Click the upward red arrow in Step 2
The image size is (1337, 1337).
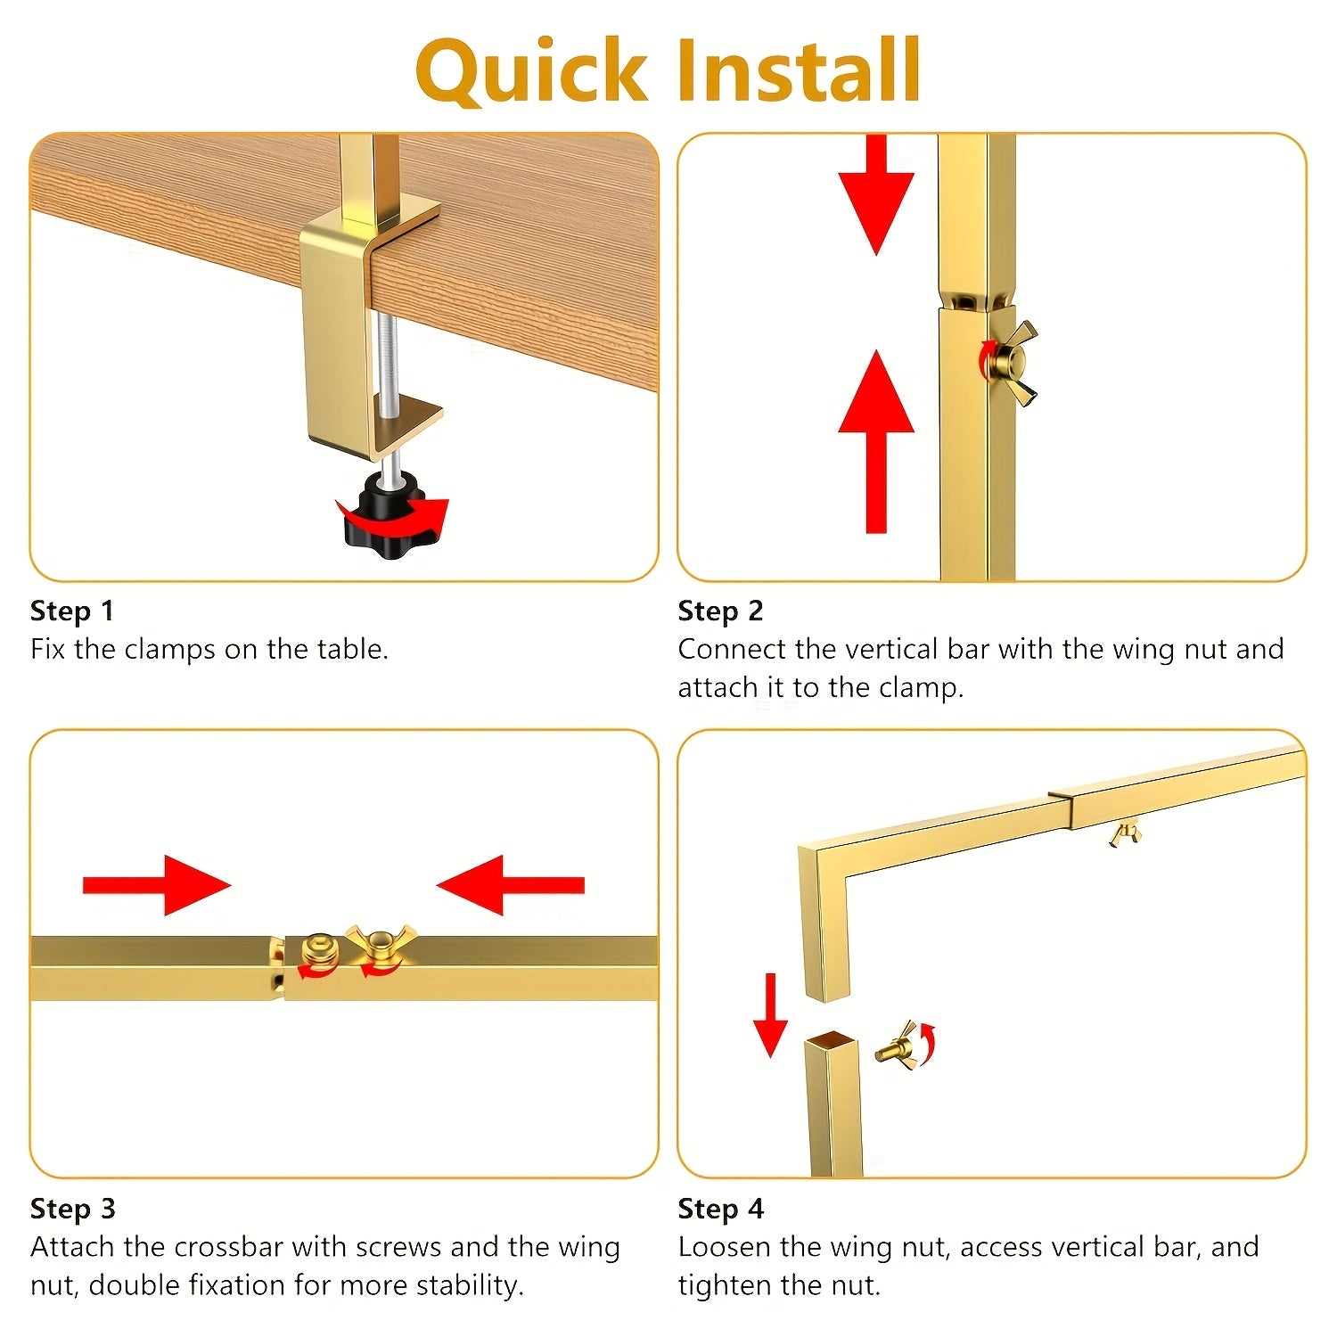tap(876, 441)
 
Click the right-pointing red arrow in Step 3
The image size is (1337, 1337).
tap(157, 885)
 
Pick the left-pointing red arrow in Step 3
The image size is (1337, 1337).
tap(510, 885)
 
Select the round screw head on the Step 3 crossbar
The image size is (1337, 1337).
tap(318, 948)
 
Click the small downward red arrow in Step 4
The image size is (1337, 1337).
tap(770, 1015)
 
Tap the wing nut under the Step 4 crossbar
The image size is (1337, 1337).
tap(1126, 834)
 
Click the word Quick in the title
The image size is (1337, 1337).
tap(530, 70)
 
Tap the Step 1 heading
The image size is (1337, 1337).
tap(72, 611)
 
